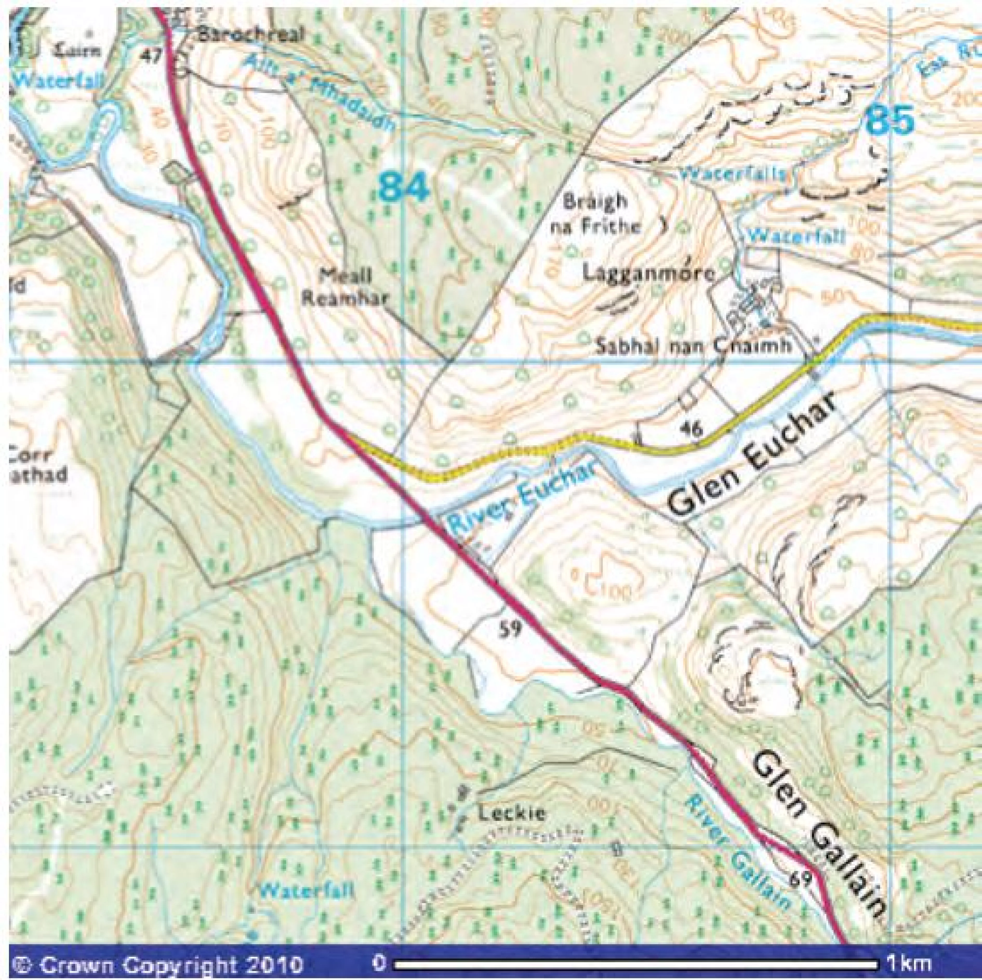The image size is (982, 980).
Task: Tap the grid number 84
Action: pyautogui.click(x=404, y=186)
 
